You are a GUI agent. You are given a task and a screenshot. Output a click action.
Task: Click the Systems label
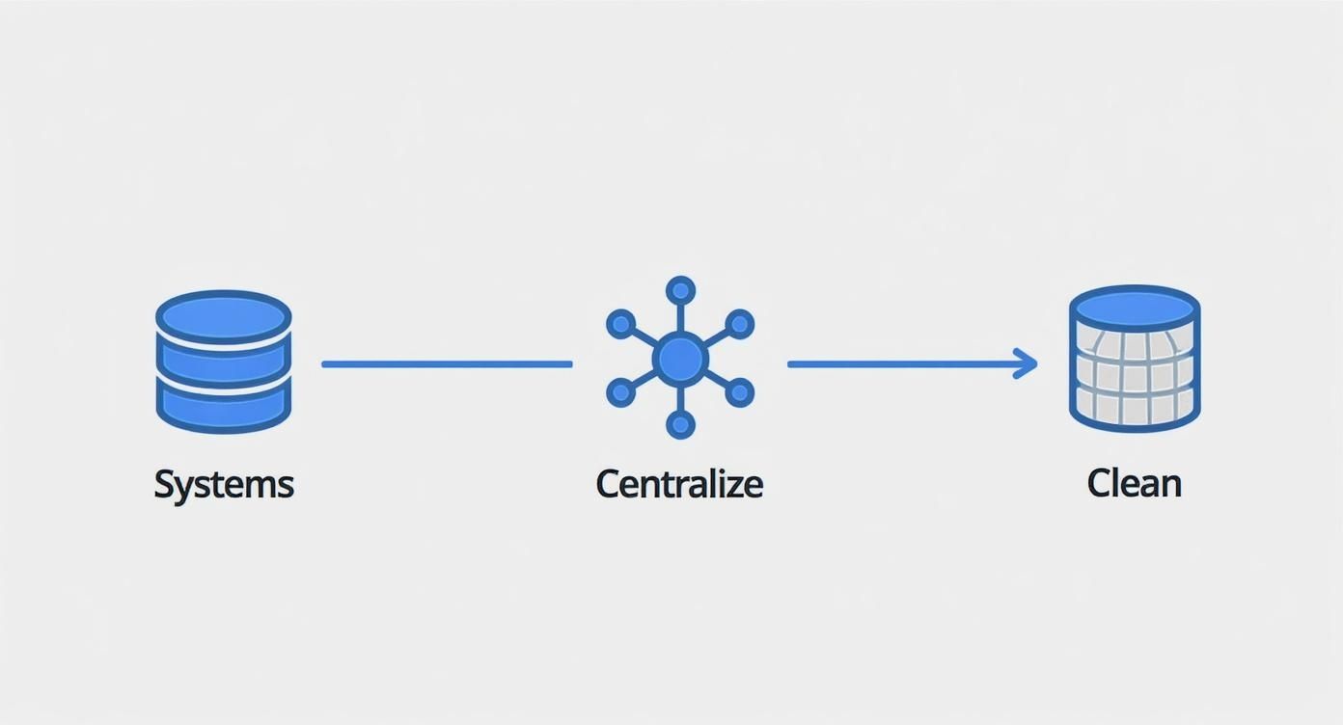coord(224,485)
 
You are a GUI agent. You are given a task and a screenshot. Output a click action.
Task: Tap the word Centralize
coord(679,483)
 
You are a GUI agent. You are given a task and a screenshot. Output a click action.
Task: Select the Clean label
coord(1134,483)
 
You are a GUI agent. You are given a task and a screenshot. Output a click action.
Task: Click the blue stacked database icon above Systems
coord(224,362)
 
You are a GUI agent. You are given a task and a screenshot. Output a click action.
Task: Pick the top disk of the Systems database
coord(224,316)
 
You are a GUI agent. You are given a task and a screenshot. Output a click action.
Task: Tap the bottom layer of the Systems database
coord(224,406)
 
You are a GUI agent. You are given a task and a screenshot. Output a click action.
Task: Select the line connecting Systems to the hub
coord(447,364)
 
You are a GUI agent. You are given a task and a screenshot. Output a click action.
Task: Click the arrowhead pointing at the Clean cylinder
coord(1026,363)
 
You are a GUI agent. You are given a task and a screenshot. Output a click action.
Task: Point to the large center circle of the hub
coord(680,359)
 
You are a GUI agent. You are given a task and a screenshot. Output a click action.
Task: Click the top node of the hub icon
coord(680,291)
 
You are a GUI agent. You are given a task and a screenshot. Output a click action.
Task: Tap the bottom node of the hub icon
coord(680,424)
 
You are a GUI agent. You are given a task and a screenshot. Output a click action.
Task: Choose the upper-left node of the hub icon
coord(621,324)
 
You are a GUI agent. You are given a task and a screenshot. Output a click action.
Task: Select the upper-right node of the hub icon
coord(739,324)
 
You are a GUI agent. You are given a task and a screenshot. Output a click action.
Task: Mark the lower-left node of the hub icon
coord(621,392)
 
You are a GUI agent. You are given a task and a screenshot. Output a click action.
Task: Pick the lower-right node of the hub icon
coord(739,392)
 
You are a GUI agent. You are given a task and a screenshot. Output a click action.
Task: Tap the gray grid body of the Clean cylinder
coord(1135,379)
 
